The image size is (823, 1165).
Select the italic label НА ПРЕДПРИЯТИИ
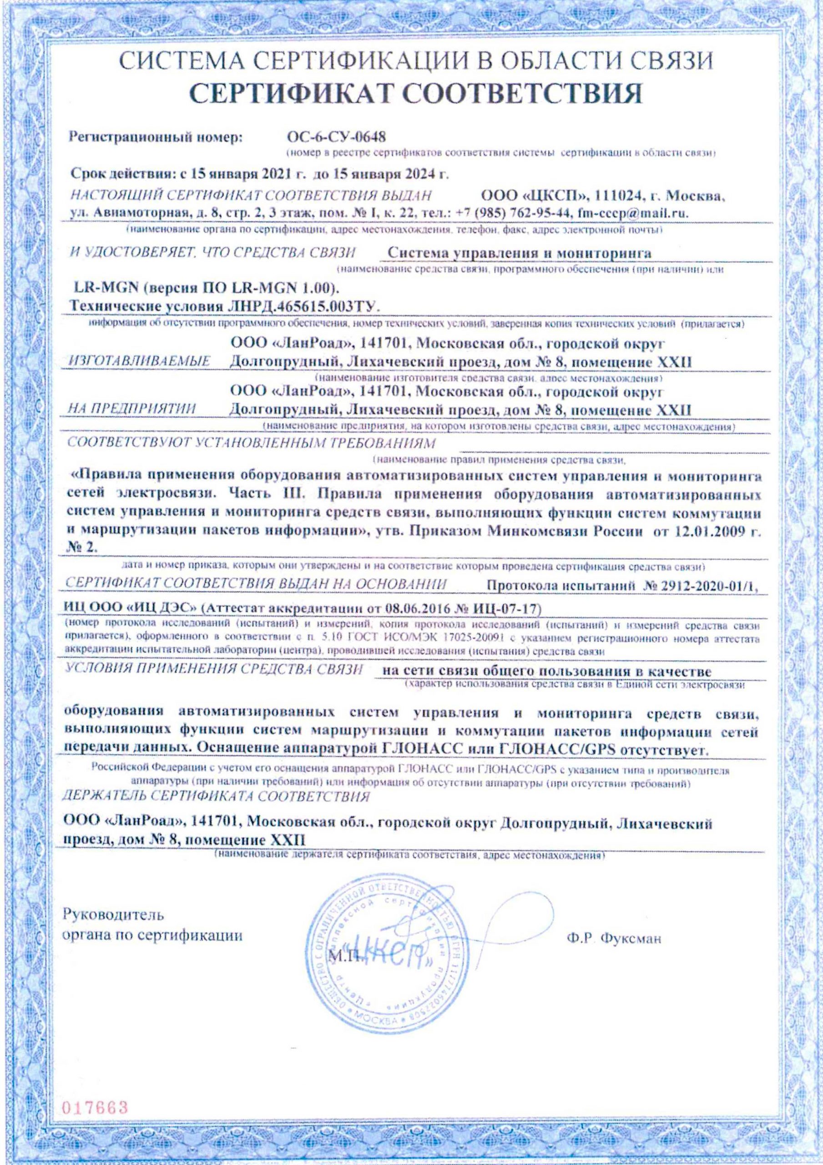[133, 409]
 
